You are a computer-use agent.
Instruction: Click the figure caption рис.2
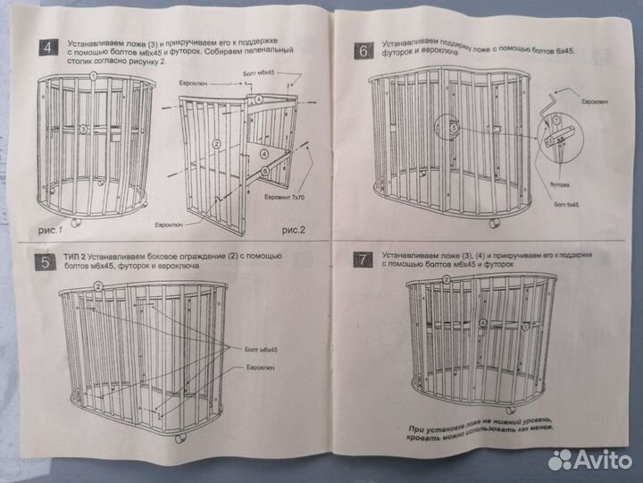pyautogui.click(x=293, y=229)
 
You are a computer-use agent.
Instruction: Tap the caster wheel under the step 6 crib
pyautogui.click(x=494, y=216)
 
